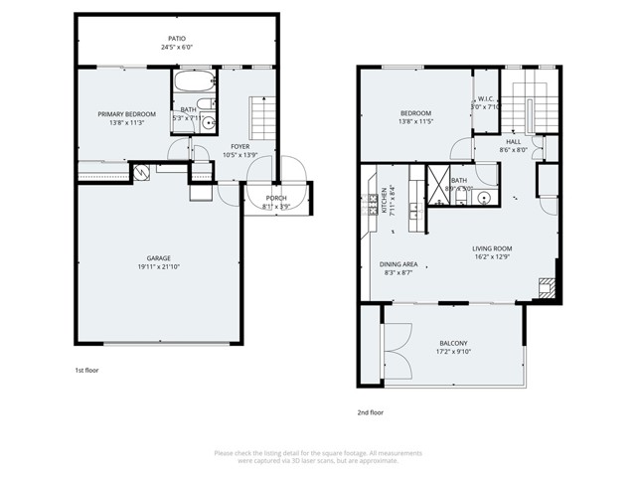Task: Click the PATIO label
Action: point(175,38)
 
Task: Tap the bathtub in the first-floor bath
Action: point(190,82)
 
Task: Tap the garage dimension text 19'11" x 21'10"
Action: point(159,266)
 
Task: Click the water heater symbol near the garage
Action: point(142,173)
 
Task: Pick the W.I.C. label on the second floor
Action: point(486,99)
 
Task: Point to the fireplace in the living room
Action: point(544,289)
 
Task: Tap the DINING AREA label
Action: point(398,263)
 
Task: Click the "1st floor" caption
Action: point(87,370)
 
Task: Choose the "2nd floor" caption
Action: point(370,411)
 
